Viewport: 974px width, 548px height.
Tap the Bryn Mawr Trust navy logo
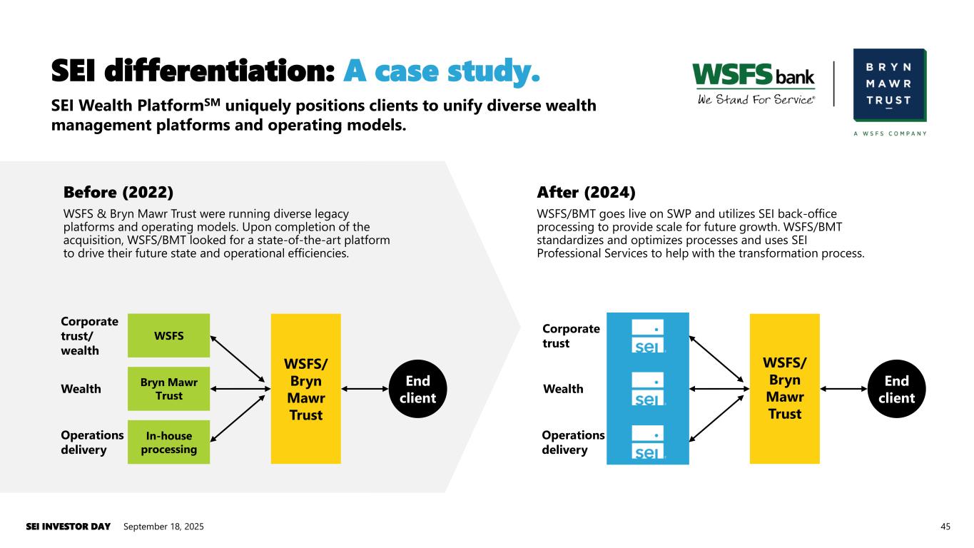click(889, 85)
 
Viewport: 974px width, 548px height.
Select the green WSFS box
click(168, 335)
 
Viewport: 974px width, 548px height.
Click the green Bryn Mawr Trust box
click(168, 389)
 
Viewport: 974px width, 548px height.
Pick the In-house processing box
click(168, 442)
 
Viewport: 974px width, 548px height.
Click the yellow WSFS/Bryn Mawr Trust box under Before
click(305, 389)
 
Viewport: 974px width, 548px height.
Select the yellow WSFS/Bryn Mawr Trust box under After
click(784, 389)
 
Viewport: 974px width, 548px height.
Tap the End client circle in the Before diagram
click(417, 389)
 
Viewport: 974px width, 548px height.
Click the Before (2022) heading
click(118, 193)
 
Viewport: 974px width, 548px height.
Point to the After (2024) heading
click(585, 193)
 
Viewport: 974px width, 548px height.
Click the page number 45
click(945, 527)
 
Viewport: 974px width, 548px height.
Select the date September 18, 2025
click(163, 527)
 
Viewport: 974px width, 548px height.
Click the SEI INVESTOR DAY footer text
click(69, 527)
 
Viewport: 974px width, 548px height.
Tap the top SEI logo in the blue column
click(648, 337)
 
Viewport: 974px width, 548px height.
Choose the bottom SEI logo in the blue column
click(648, 442)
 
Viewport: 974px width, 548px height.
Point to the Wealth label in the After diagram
click(563, 389)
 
